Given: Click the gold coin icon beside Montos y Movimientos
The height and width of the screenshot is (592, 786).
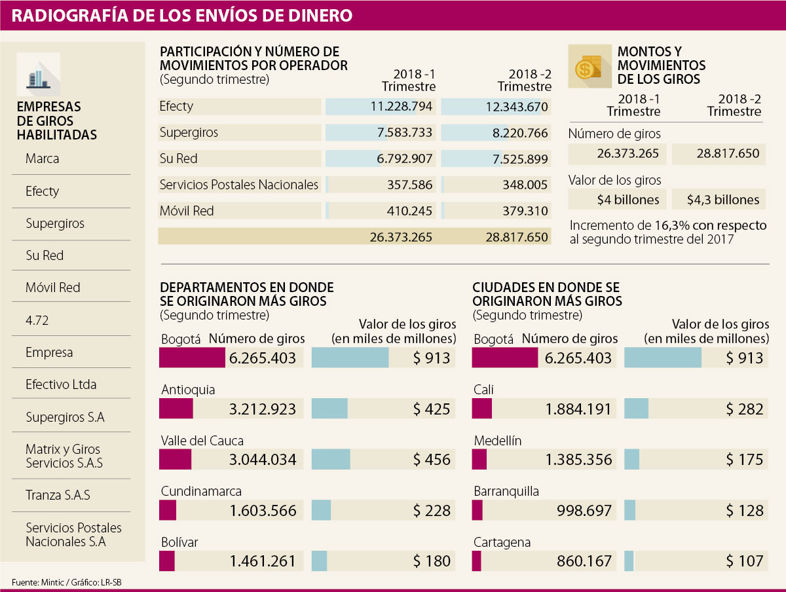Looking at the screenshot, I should pos(588,66).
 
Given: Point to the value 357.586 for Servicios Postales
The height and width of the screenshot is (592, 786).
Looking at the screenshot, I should pos(409,185).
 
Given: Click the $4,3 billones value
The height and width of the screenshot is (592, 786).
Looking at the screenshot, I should pos(724,200).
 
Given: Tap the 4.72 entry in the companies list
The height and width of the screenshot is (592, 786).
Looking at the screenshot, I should pos(37,320).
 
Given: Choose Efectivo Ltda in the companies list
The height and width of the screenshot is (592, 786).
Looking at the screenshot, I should pos(61,384).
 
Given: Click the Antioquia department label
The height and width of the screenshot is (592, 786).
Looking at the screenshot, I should pos(188,390).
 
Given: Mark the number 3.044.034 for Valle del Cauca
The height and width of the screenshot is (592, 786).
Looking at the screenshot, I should pos(263,460).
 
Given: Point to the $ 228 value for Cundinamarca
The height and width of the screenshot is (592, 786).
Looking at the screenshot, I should pos(432,511).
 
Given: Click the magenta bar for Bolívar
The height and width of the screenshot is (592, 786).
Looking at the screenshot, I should pos(167,561).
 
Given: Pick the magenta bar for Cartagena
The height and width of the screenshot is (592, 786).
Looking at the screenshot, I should pos(477,561).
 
